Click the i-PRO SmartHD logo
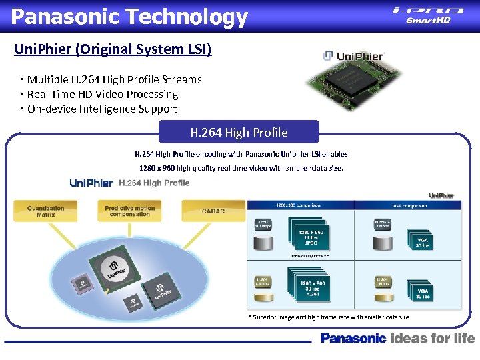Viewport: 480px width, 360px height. [x=427, y=15]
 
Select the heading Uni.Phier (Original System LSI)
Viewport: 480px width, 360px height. [x=113, y=49]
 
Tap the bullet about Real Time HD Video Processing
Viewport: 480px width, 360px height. [x=103, y=94]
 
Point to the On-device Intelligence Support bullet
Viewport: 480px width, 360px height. [x=102, y=109]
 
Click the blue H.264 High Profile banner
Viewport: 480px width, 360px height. [x=239, y=132]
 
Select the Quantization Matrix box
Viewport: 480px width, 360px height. [x=46, y=211]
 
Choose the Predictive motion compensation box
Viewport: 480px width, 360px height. [x=130, y=211]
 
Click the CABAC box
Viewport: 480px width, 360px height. [x=213, y=211]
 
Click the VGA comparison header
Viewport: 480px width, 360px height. [x=409, y=206]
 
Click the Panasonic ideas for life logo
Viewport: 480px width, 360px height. [x=397, y=338]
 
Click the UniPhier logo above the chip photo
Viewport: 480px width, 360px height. [x=353, y=56]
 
